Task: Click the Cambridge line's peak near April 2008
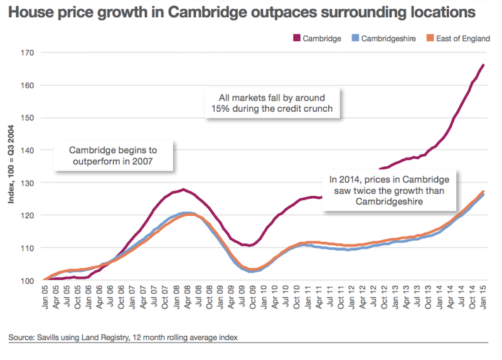click(x=183, y=189)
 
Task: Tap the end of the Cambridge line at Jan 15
click(x=483, y=65)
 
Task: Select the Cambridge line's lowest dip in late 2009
click(x=248, y=245)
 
